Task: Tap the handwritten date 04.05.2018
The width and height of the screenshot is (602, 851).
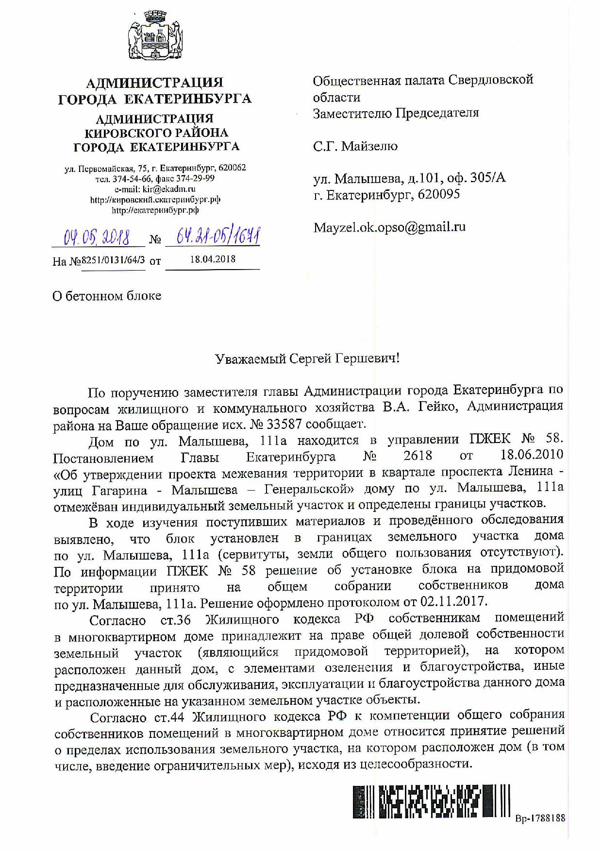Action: [97, 238]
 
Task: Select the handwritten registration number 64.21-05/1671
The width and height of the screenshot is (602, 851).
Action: [212, 237]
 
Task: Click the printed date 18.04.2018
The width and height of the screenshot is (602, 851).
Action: [213, 259]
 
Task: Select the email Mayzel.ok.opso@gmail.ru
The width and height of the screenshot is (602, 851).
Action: [389, 227]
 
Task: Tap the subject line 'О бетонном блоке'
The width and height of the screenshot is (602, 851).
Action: [107, 296]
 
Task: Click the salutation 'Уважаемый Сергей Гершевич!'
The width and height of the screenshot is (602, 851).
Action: [308, 359]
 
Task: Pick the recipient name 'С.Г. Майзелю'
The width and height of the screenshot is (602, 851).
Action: [355, 146]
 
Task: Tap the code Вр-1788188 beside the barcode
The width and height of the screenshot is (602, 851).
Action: [540, 818]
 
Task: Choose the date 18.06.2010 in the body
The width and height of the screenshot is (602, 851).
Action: [532, 455]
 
